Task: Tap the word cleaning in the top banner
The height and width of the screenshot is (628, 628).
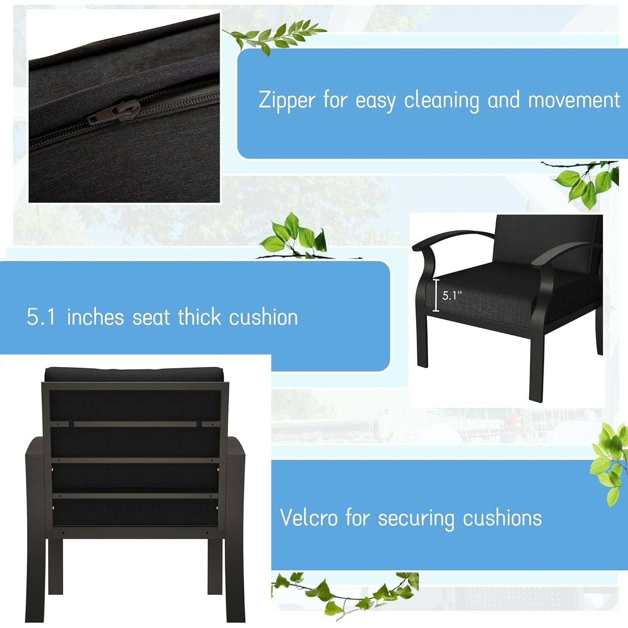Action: click(x=441, y=100)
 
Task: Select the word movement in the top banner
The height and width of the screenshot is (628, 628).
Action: click(x=574, y=100)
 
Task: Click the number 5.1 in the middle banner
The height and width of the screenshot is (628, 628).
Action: click(x=41, y=317)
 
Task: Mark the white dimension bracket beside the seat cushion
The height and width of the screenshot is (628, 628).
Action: click(x=435, y=296)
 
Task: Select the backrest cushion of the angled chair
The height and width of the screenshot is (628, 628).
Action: click(x=547, y=242)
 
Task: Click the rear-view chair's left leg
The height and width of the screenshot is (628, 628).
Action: click(x=55, y=566)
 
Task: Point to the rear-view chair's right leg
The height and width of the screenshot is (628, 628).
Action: click(x=215, y=566)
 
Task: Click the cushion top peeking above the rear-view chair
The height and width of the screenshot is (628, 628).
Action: click(x=134, y=374)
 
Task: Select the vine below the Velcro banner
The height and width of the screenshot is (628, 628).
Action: click(x=346, y=592)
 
